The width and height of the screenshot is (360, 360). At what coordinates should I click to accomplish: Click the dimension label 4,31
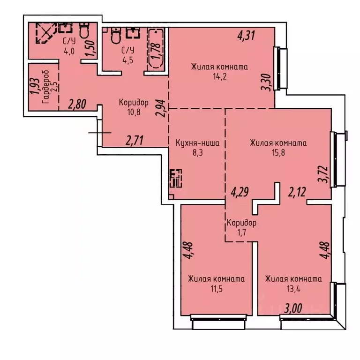(x=246, y=36)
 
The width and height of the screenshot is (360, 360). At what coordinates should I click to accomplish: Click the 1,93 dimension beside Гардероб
(x=34, y=86)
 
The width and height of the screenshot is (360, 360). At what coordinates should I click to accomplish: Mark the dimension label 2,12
(x=296, y=191)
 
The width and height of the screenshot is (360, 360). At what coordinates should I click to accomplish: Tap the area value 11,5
(x=216, y=289)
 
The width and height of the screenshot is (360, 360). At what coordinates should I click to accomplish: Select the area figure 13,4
(x=293, y=289)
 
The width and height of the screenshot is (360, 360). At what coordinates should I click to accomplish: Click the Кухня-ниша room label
(x=197, y=143)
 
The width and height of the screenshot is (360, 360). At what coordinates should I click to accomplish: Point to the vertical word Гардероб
(x=45, y=87)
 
